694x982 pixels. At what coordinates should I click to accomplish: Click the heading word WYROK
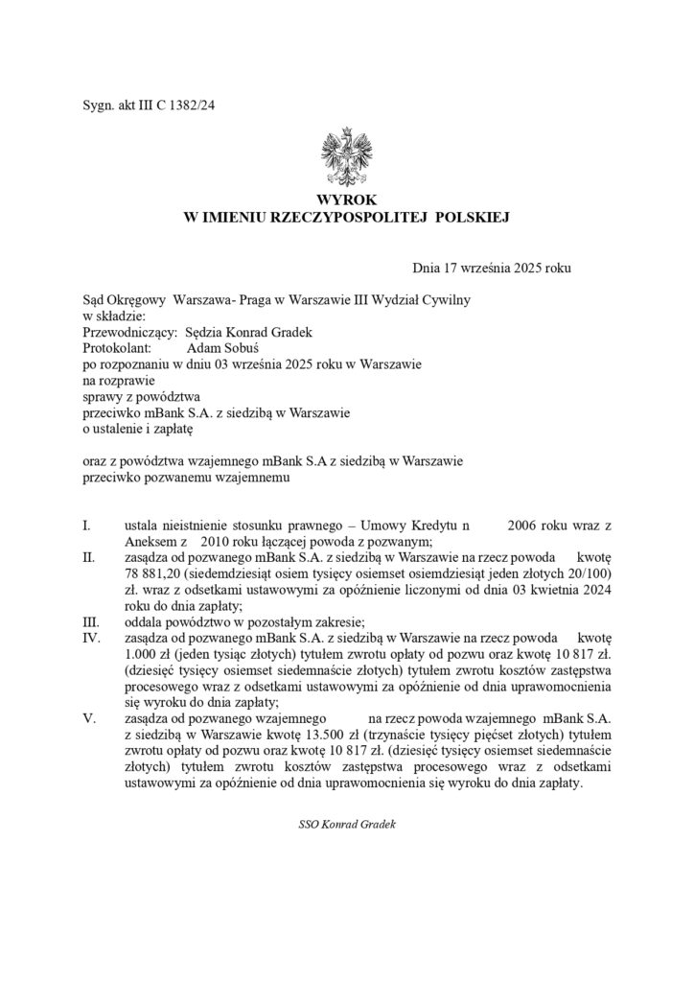(x=347, y=200)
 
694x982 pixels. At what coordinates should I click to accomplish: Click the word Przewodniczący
(x=129, y=331)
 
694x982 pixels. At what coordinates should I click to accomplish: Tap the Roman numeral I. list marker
(x=87, y=526)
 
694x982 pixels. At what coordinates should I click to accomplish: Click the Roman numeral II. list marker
(x=89, y=557)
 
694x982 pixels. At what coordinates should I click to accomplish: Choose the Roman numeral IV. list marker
(x=91, y=637)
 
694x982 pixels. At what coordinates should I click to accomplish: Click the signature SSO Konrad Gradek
(x=347, y=825)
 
